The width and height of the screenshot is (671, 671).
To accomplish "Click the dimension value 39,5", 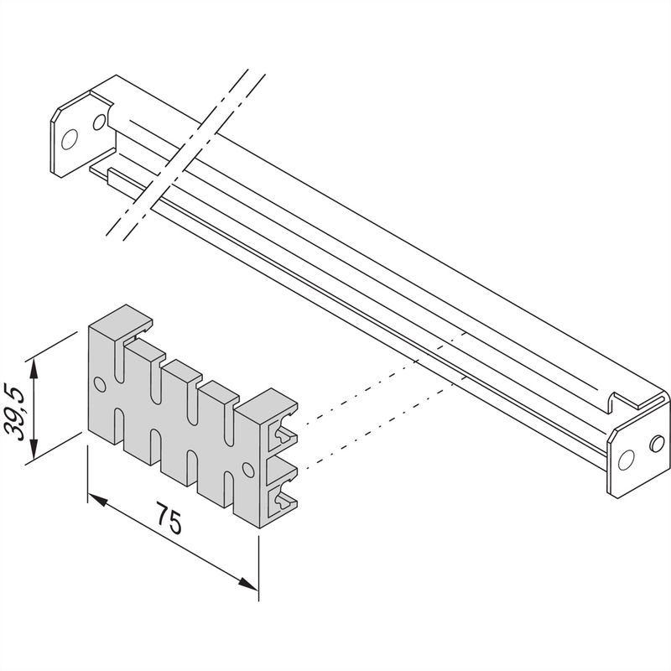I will pos(14,412).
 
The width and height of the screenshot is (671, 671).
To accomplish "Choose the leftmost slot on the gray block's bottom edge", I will pos(118,427).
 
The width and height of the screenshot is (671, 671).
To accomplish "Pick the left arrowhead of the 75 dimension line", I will pos(97,502).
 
